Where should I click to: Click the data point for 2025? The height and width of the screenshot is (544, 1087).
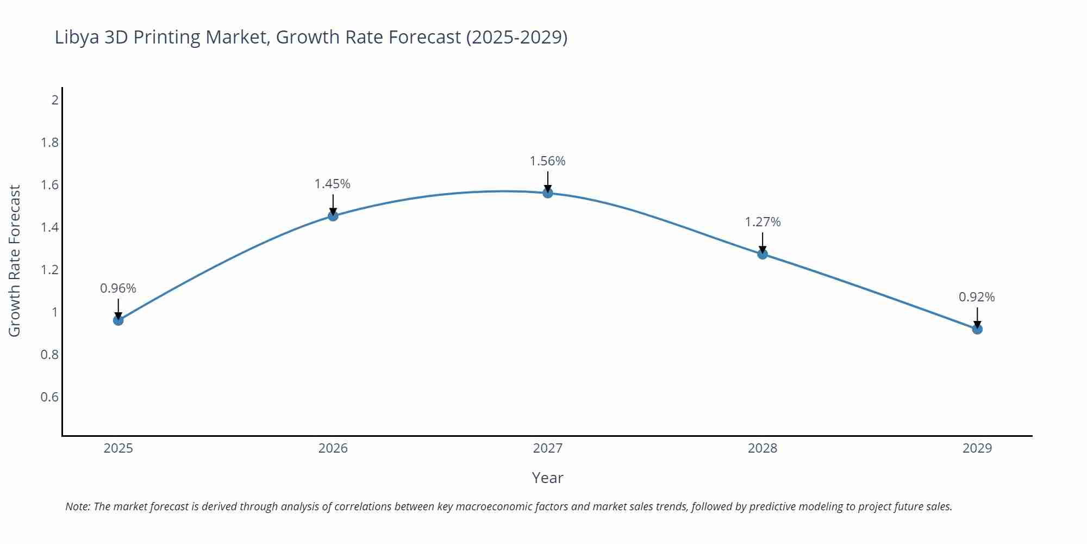(x=118, y=320)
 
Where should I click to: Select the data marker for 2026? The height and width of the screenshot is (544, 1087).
(x=333, y=216)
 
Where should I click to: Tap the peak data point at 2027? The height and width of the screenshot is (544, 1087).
(x=548, y=193)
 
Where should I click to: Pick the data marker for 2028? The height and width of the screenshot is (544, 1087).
(x=763, y=254)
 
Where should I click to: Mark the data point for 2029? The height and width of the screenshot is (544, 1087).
(x=977, y=329)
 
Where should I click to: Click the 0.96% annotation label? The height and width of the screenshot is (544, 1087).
(x=118, y=288)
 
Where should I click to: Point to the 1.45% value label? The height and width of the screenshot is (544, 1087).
(x=333, y=184)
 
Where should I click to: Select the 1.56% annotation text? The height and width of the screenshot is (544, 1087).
(x=548, y=161)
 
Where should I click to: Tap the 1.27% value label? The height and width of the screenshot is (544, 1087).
(x=763, y=222)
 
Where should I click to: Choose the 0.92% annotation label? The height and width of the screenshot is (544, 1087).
(x=977, y=297)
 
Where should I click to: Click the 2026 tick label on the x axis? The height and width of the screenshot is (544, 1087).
(x=333, y=448)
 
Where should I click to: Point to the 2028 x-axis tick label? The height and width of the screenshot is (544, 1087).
(x=763, y=448)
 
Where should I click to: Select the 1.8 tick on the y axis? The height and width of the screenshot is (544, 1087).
(x=49, y=143)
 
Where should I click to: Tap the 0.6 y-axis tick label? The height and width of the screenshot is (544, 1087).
(x=49, y=397)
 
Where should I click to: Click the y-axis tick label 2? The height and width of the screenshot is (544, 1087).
(x=55, y=100)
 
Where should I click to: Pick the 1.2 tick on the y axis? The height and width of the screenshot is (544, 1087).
(x=49, y=270)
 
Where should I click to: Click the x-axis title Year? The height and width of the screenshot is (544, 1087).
(x=547, y=478)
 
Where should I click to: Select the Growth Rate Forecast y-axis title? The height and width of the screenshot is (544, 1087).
(x=15, y=261)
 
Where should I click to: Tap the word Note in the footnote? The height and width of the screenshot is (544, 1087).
(x=77, y=506)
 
